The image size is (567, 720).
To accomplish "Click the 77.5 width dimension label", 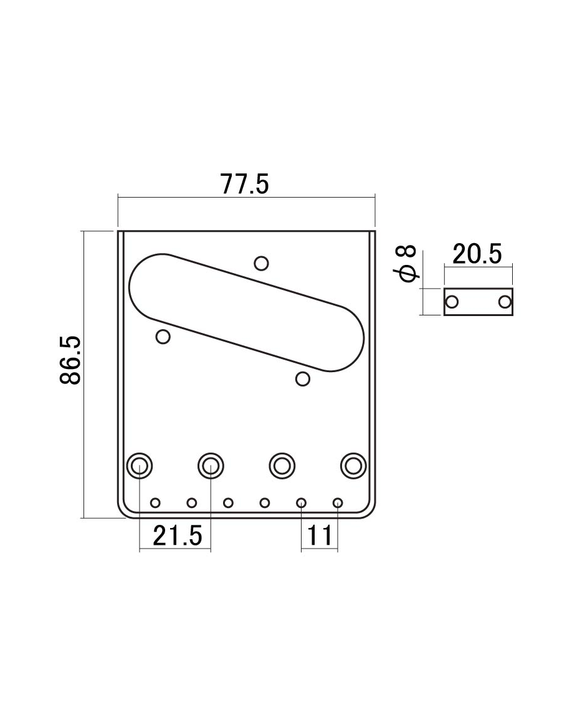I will (x=244, y=185).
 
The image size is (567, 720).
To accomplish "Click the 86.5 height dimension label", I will (x=70, y=361).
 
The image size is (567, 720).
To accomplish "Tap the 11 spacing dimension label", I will (x=320, y=535).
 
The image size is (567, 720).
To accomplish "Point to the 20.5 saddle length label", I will (x=477, y=254).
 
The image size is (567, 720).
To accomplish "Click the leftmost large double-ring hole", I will (x=139, y=464).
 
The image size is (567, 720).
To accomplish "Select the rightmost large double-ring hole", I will (x=354, y=464).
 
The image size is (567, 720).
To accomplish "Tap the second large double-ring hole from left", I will (x=211, y=464).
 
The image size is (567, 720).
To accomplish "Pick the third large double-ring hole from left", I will (x=282, y=464).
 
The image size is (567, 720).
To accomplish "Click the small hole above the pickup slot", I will (x=262, y=263).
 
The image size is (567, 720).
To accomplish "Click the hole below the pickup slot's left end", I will (x=163, y=337).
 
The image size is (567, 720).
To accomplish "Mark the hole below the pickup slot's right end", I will (x=303, y=378).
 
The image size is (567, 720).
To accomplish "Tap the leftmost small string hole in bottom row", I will (x=156, y=502).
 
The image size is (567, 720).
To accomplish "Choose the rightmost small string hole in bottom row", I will (x=338, y=502).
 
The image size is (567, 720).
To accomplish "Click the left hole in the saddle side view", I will (x=452, y=302).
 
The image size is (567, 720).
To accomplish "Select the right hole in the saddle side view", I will (x=504, y=302).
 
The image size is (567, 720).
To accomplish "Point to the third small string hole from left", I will (x=229, y=502).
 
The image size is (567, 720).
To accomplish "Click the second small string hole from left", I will (x=192, y=502).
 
